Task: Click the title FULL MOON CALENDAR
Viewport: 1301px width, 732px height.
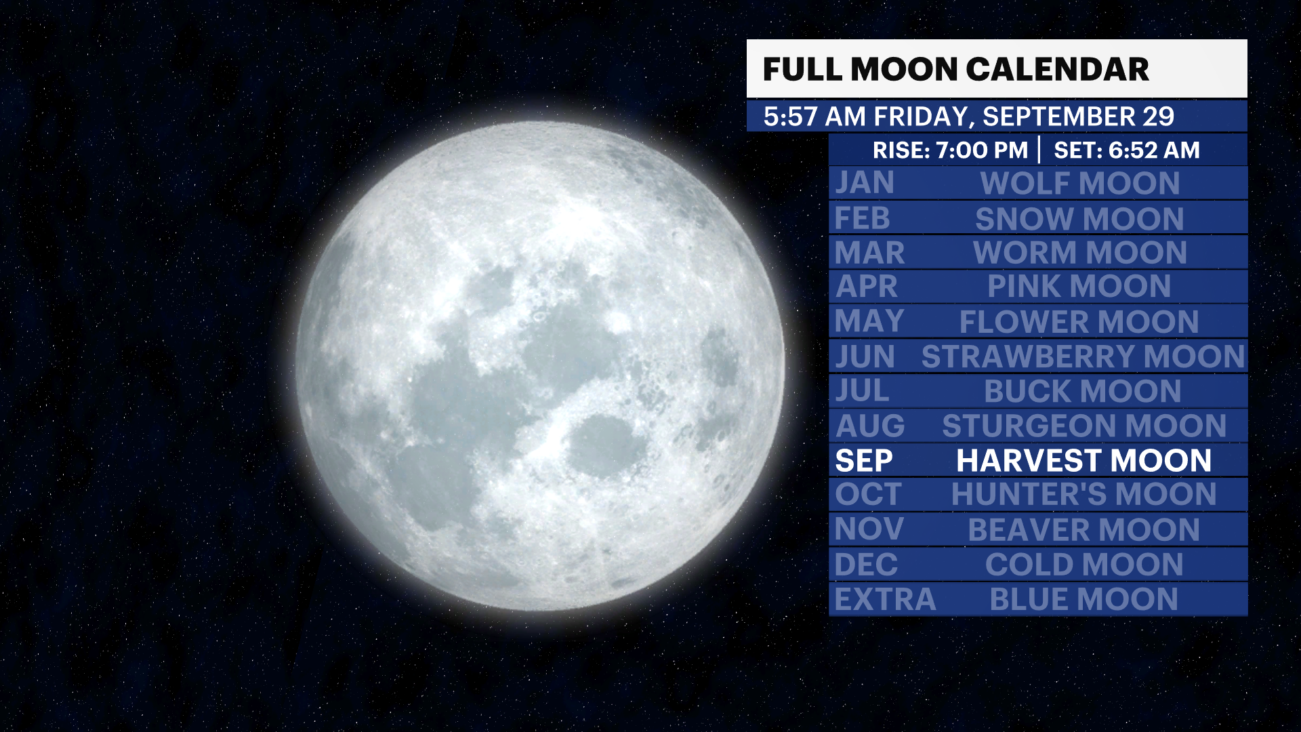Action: coord(955,69)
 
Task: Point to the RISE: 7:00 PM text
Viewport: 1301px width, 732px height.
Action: coord(950,150)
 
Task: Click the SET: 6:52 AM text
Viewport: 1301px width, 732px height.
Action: coord(1127,150)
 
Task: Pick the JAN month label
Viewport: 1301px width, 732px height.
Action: coord(865,183)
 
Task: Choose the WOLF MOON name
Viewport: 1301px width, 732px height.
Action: coord(1080,184)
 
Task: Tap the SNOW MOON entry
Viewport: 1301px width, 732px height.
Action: coord(1079,219)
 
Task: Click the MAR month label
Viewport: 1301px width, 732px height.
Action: coord(869,253)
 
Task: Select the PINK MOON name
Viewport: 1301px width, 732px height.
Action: coord(1079,287)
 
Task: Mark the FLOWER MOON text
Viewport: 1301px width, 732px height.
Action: coord(1079,322)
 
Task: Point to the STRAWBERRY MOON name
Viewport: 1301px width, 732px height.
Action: coord(1083,357)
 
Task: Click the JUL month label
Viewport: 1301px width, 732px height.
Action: coord(862,391)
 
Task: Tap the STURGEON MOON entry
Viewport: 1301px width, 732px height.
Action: coord(1084,426)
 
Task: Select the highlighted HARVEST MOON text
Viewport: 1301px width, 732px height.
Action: coord(1083,461)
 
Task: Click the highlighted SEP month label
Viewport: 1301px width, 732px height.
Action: coord(864,461)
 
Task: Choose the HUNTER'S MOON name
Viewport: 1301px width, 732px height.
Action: coord(1083,495)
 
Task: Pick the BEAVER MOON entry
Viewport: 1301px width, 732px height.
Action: coord(1083,530)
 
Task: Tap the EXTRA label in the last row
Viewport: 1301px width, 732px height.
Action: coord(885,600)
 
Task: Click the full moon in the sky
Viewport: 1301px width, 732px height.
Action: coord(540,366)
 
